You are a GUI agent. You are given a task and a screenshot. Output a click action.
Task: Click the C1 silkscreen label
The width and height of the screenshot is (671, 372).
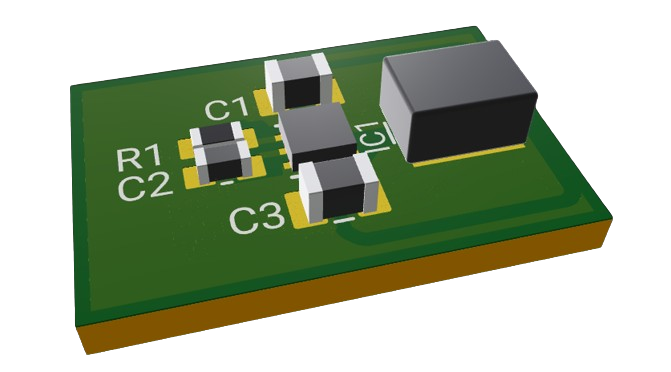pos(226,108)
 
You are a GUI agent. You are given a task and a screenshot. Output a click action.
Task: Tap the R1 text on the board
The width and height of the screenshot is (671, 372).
pos(139,156)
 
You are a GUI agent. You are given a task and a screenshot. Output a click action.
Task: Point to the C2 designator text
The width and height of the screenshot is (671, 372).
pos(145,187)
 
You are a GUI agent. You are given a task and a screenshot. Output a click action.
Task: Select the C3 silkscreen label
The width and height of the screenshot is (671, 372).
pos(257,219)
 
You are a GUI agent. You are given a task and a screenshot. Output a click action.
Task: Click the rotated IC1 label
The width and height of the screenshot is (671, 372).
pos(372,137)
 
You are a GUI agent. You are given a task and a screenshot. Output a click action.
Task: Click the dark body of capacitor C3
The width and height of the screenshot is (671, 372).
pos(342,187)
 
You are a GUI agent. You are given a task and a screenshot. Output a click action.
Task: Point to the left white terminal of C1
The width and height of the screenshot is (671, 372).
pos(274,85)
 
